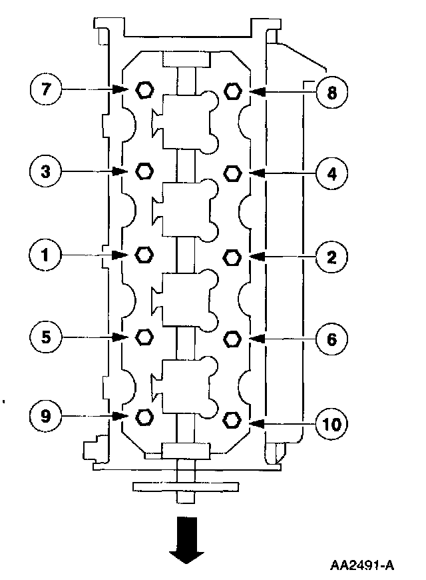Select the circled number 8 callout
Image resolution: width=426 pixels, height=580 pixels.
tap(331, 91)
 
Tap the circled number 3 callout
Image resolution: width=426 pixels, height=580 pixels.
tap(46, 171)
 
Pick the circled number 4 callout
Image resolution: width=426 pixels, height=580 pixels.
tap(331, 173)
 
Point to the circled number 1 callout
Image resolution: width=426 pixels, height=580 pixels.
tap(46, 254)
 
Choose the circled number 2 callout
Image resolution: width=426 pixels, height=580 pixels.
tap(331, 256)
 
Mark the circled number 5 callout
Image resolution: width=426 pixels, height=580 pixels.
tap(46, 337)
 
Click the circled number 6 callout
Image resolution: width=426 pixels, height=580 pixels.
tap(331, 339)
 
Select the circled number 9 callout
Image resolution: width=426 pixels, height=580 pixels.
tap(46, 417)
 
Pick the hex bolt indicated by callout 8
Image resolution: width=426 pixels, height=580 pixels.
tap(232, 91)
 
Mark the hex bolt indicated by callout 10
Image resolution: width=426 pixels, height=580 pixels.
tap(232, 420)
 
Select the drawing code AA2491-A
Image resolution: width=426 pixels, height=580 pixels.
tap(362, 565)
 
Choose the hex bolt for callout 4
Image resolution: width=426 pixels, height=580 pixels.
tap(232, 173)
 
